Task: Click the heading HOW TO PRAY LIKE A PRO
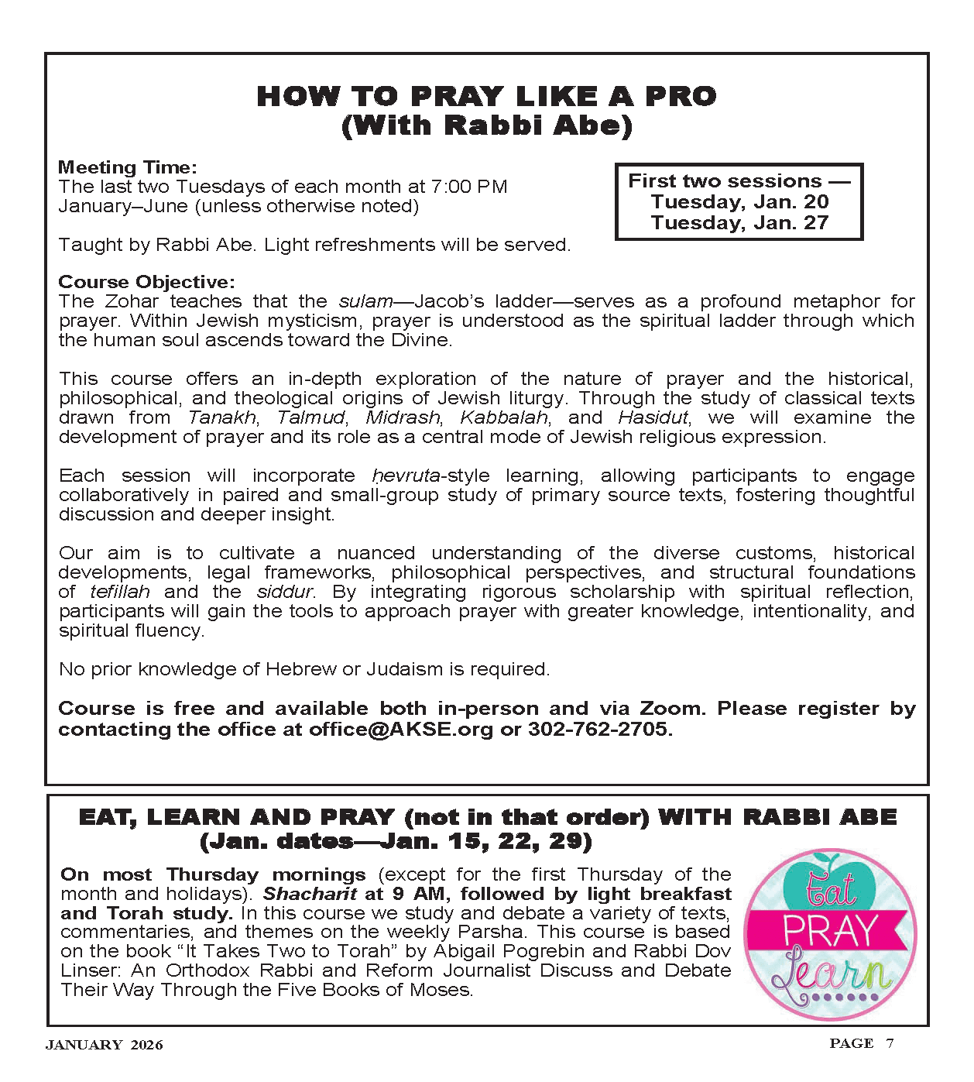(486, 97)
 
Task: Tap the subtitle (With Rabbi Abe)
(486, 125)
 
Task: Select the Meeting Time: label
(128, 167)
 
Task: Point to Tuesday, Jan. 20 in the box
(739, 202)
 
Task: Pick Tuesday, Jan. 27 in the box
(739, 223)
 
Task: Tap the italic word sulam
(365, 301)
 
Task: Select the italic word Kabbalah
(504, 417)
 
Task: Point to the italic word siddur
(284, 592)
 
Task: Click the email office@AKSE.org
(400, 730)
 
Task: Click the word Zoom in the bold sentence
(670, 709)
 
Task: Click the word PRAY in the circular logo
(830, 932)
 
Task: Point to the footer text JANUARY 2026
(105, 1046)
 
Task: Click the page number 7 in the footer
(890, 1043)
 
